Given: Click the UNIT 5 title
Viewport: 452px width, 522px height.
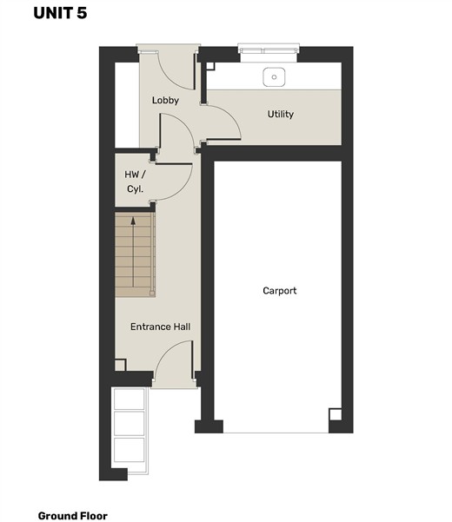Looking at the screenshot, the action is pos(60,13).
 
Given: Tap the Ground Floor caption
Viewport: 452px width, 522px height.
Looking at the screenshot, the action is pos(73,516).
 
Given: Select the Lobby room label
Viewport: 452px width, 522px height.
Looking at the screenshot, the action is pos(165,100).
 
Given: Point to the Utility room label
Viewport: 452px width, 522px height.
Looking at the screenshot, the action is pos(281,114).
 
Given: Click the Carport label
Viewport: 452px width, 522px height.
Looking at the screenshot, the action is pos(280,291).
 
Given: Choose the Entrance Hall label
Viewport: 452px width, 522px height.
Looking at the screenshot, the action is pos(160,327).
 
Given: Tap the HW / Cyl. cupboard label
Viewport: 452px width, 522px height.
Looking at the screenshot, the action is pos(135,182).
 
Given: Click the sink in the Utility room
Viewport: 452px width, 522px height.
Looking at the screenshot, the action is pos(274,77).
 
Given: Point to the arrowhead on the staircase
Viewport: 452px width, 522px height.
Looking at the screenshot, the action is pos(133,221).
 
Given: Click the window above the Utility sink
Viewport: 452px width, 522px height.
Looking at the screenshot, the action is pos(269,50).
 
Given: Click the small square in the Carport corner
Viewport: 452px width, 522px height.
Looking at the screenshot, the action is pos(336,414).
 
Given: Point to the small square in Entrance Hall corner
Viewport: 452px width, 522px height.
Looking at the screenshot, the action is pos(120,365).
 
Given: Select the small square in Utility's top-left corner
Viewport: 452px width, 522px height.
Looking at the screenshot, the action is pos(210,66).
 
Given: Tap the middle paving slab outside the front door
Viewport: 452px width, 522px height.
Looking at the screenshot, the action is pos(130,424).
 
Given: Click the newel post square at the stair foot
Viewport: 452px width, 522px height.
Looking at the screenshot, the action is pos(152,294).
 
